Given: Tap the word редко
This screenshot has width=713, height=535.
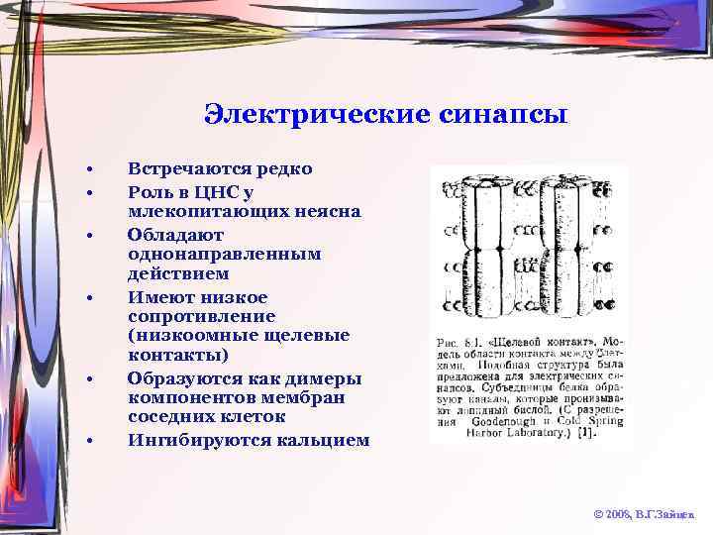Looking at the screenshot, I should pyautogui.click(x=280, y=168).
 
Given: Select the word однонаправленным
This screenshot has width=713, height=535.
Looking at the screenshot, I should pyautogui.click(x=225, y=254).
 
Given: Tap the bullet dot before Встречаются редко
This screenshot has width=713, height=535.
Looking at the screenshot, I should pyautogui.click(x=89, y=168).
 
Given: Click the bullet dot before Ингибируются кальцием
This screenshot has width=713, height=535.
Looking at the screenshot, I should pyautogui.click(x=89, y=440).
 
